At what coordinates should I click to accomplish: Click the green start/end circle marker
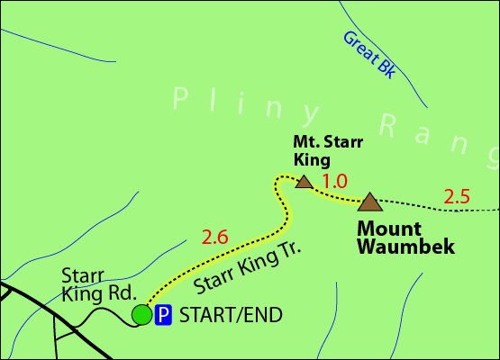(x=141, y=314)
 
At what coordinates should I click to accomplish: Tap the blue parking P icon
(x=164, y=314)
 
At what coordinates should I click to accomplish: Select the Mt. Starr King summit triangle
(x=305, y=183)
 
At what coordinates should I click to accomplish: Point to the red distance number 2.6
(x=214, y=238)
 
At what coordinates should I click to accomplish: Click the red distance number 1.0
(x=334, y=181)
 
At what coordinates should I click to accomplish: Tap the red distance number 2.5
(x=457, y=196)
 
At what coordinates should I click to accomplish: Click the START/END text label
(x=232, y=315)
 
